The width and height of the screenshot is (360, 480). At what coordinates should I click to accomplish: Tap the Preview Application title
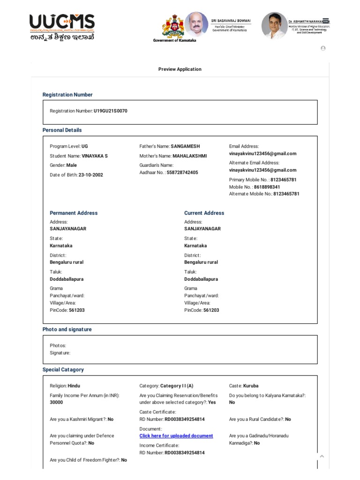[180, 69]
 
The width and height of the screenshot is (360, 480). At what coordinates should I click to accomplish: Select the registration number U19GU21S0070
[110, 111]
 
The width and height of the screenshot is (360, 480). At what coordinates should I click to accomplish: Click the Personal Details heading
[62, 130]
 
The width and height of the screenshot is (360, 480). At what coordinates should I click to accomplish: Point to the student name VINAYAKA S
[95, 156]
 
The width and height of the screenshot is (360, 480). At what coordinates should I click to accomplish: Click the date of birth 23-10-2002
[91, 175]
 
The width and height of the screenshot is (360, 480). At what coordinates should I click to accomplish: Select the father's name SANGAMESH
[185, 146]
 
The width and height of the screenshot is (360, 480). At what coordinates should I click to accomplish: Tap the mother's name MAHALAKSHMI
[189, 156]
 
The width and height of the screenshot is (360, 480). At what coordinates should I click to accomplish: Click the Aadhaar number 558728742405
[182, 172]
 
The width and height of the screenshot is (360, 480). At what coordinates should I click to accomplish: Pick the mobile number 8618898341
[274, 187]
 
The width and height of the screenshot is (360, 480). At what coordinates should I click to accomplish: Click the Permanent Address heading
[74, 213]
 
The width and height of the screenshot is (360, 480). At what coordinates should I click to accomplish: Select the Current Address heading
[204, 213]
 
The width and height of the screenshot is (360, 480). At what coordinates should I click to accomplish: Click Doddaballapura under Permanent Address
[67, 279]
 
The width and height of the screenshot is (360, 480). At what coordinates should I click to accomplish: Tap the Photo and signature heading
[67, 330]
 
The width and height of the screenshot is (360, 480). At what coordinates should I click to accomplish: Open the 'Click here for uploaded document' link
[176, 436]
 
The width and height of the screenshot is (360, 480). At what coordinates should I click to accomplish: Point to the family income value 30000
[56, 402]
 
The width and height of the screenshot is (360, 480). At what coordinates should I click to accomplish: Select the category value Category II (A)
[177, 386]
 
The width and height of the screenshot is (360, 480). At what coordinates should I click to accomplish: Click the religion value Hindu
[74, 386]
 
